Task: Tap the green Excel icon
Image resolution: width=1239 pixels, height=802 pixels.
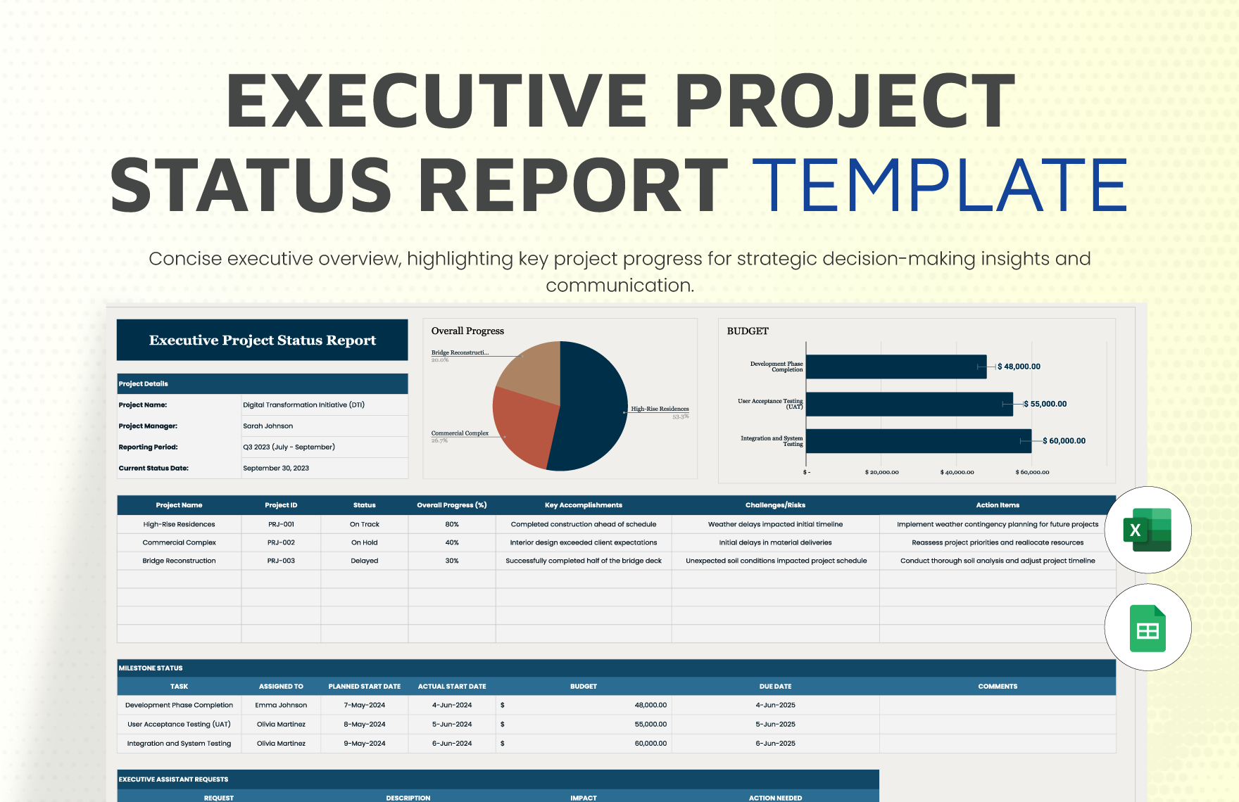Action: (1147, 530)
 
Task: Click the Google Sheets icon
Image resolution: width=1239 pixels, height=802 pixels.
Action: (1147, 628)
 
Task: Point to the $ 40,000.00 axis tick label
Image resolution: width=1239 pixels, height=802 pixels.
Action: (957, 472)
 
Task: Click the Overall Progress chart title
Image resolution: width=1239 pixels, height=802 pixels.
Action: (467, 331)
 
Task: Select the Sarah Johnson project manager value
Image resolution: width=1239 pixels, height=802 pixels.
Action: (268, 426)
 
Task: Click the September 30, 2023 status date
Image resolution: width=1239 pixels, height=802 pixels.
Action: (276, 468)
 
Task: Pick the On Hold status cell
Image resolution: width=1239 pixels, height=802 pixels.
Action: (365, 542)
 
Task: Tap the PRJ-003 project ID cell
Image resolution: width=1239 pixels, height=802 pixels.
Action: (281, 561)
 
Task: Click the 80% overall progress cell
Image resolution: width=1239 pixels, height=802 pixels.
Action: (452, 524)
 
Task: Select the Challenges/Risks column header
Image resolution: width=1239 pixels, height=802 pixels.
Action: (775, 505)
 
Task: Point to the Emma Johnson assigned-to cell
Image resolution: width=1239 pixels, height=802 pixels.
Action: (281, 705)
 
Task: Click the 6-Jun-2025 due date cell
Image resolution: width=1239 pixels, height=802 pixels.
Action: (775, 743)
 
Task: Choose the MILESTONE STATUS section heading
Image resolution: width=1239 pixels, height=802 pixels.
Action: (151, 668)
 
